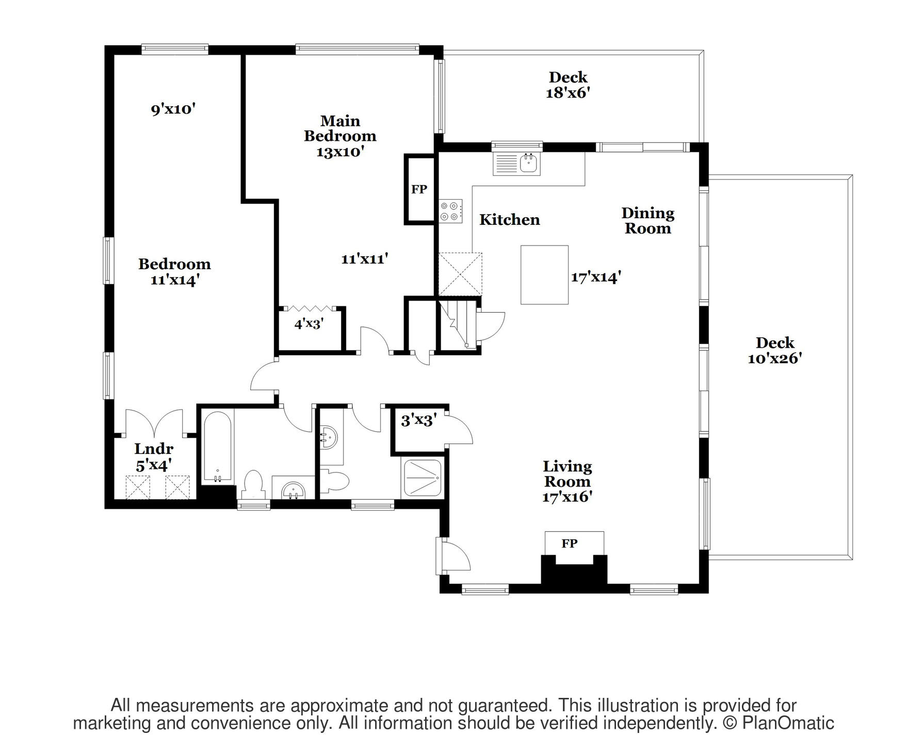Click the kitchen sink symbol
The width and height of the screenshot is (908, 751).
(x=516, y=164)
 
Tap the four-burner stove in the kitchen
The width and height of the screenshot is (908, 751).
(x=450, y=211)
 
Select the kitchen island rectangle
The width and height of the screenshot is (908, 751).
(x=544, y=275)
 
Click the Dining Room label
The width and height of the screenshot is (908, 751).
(x=648, y=220)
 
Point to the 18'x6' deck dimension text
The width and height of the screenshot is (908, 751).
(x=568, y=93)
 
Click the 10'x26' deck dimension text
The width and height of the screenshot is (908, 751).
(x=775, y=358)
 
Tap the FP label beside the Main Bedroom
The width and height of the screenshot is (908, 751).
(x=419, y=189)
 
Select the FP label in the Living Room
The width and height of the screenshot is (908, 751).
(x=570, y=543)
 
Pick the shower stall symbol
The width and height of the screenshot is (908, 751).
(x=423, y=478)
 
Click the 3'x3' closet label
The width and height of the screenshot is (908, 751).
(x=419, y=421)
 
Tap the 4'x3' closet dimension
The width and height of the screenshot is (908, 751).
(x=309, y=324)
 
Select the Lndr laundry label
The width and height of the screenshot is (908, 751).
(x=154, y=449)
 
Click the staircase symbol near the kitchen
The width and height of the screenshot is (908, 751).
(x=458, y=324)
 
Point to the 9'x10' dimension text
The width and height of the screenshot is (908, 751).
(x=173, y=109)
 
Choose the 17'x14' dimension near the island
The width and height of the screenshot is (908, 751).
(x=595, y=277)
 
